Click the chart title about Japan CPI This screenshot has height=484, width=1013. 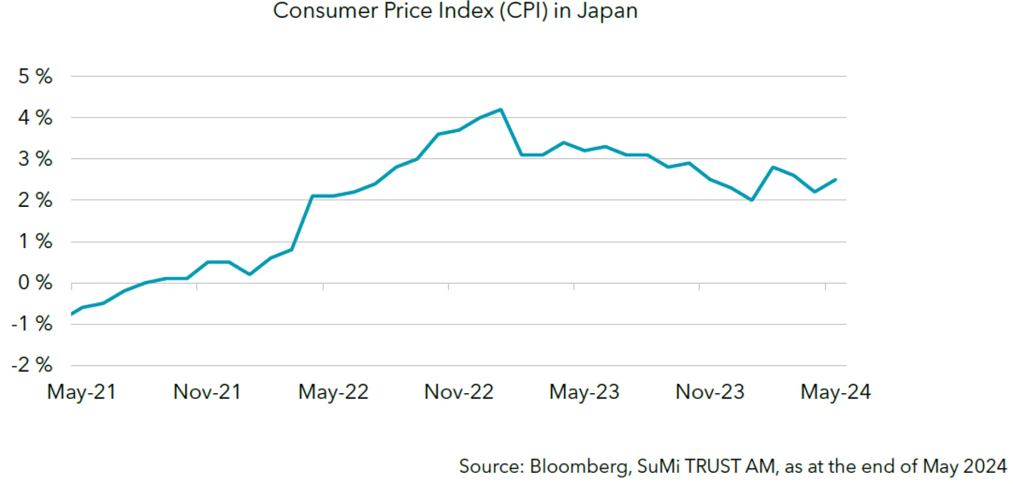point(455,11)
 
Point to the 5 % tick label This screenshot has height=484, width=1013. point(35,77)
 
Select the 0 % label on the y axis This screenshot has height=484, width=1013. point(35,283)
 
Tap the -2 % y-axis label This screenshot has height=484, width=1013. point(32,365)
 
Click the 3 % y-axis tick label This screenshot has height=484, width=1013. point(35,159)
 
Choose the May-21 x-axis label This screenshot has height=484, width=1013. point(81,392)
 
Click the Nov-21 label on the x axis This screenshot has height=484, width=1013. point(207,392)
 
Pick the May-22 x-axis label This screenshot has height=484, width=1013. point(333,392)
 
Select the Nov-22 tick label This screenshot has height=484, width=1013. point(458,392)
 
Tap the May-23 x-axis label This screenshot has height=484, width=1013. point(584,392)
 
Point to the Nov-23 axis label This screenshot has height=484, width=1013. point(710,392)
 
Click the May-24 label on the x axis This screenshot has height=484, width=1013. point(835,392)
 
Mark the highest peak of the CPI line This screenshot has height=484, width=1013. point(501,110)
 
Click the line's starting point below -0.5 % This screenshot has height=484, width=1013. point(72,314)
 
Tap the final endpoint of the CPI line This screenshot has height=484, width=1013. point(836,179)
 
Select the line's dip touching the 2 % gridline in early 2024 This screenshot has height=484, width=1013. point(752,200)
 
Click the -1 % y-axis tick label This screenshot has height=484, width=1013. point(32,324)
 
